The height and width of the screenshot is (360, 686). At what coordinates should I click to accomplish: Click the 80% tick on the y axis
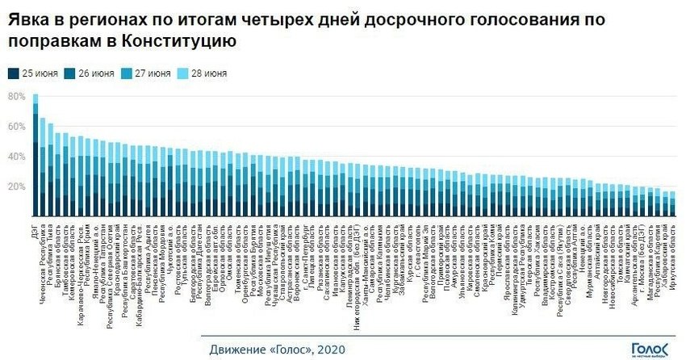coord(17,96)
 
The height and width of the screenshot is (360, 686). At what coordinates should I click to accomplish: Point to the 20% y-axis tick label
coord(17,186)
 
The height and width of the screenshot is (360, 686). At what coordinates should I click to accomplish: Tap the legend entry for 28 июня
coord(203,73)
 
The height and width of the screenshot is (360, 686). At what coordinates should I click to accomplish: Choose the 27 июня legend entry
coord(148,73)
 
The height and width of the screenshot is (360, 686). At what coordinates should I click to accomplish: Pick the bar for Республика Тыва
coord(52,170)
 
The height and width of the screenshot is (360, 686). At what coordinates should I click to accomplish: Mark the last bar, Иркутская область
coord(672,203)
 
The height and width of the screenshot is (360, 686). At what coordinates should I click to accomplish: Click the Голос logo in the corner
coord(650,348)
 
